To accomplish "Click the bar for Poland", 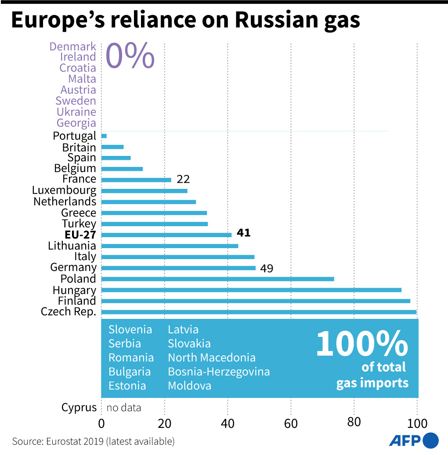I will click(x=217, y=279).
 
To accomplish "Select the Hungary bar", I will click(x=251, y=290).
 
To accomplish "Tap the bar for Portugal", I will click(x=104, y=136).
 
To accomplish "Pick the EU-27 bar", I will click(x=166, y=235).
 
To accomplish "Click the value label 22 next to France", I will click(x=183, y=179).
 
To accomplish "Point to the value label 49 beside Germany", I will click(x=266, y=268).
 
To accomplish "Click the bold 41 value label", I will click(x=243, y=233).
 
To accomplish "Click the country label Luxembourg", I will click(x=64, y=190).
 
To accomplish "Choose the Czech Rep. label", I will click(x=69, y=312).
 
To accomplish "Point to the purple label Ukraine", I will click(x=76, y=112).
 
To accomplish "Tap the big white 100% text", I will click(x=361, y=343).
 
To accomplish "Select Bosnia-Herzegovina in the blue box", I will click(x=219, y=372).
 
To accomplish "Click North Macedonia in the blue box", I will click(x=212, y=357).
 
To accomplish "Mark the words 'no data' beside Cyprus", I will click(x=124, y=408).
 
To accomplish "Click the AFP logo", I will click(x=413, y=440).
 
